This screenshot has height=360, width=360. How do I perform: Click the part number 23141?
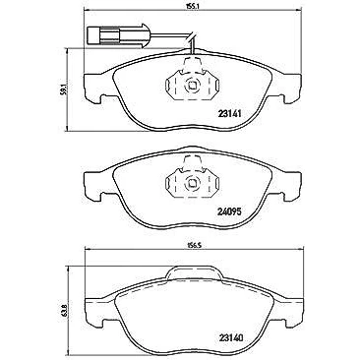point(229,114)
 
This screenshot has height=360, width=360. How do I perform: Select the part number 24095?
point(229,211)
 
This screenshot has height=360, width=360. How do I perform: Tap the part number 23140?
point(230,337)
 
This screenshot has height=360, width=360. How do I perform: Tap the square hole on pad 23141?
point(191,86)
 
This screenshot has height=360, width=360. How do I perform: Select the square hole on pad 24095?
point(191,184)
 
